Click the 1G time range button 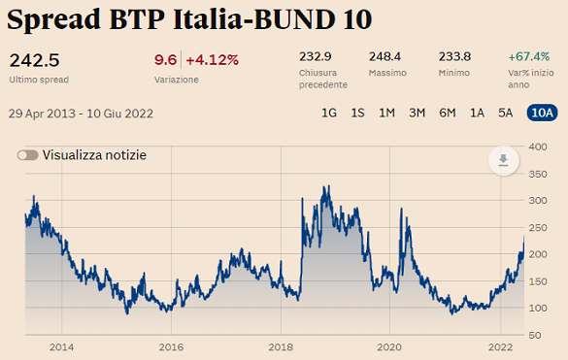tap(329, 113)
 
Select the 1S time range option tap(357, 113)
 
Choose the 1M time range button tap(386, 113)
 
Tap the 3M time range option tap(417, 113)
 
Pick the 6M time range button tap(447, 113)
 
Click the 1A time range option tap(477, 113)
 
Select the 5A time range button tap(505, 113)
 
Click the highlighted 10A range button tap(542, 113)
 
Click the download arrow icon tap(503, 161)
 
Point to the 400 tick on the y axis tap(538, 146)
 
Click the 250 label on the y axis tap(538, 227)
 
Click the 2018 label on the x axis tap(281, 347)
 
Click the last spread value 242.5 tap(34, 59)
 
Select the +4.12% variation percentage tap(212, 60)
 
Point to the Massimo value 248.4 tap(385, 57)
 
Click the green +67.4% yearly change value tap(528, 57)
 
